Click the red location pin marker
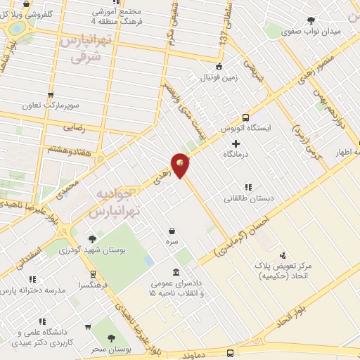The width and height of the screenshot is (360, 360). (x=181, y=165)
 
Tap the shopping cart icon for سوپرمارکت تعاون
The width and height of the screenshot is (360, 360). (x=50, y=95)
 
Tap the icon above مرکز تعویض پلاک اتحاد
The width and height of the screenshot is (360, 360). (x=282, y=255)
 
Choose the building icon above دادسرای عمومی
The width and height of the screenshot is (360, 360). (x=176, y=272)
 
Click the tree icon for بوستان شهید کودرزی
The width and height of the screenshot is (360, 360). (x=92, y=239)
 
